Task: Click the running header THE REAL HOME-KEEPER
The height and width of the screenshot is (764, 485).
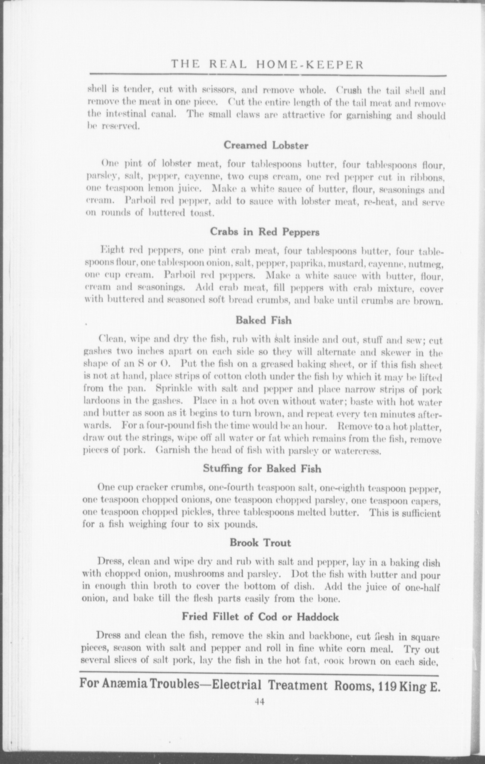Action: [267, 65]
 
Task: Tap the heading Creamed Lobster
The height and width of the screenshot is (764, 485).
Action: [266, 145]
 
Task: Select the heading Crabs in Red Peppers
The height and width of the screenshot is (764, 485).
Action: [264, 232]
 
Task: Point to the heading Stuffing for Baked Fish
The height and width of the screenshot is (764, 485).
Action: [262, 469]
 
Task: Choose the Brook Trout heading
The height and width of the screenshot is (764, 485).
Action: [260, 543]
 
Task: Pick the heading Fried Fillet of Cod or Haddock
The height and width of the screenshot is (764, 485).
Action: [260, 617]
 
